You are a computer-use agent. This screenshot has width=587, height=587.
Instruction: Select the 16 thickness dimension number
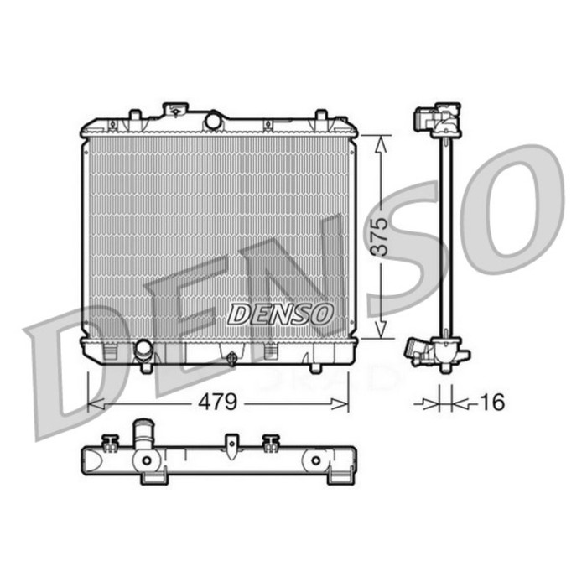(494, 403)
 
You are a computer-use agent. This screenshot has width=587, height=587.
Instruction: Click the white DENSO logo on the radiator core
(281, 314)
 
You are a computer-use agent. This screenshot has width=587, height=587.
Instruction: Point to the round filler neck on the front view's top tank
(213, 121)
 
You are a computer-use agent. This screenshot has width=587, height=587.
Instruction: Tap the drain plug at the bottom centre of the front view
(232, 359)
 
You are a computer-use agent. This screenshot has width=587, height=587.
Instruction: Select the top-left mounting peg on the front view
(134, 115)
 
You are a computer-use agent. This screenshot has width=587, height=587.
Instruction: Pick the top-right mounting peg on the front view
(320, 116)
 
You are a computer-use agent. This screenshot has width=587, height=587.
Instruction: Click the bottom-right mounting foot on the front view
(315, 366)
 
